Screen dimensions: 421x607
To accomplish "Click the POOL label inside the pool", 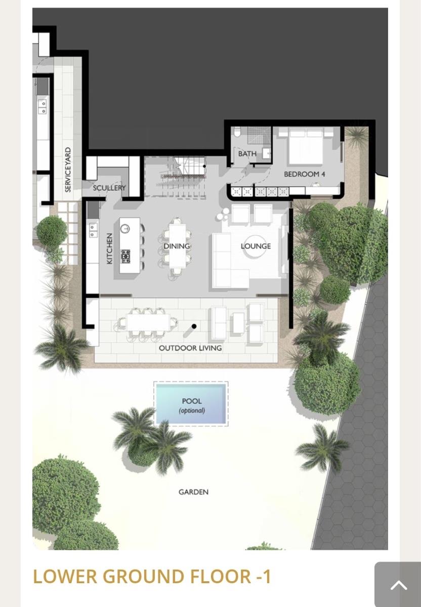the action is (192, 401).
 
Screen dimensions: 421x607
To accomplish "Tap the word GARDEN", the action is (194, 492).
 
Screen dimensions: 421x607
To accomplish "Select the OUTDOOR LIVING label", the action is (190, 348).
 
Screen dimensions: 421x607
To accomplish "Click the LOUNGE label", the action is (256, 246).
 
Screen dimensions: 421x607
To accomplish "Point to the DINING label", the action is (177, 246).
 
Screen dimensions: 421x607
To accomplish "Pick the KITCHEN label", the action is (109, 248).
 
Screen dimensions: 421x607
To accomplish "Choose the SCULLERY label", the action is (109, 188).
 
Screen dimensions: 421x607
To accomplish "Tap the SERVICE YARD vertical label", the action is (68, 170).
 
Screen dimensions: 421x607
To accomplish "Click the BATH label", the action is (247, 154).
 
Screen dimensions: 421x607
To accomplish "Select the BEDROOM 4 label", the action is (305, 174).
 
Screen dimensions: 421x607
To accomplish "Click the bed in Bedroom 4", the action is (306, 146).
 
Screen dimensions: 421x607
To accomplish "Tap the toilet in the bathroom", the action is (237, 132).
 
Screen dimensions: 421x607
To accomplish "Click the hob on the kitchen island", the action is (125, 256).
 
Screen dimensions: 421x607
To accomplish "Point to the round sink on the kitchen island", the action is (125, 229).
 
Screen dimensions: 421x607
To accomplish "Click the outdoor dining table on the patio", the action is (148, 322).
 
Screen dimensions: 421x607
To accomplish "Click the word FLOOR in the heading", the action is (221, 576).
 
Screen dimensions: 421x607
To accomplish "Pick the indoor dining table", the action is (177, 245).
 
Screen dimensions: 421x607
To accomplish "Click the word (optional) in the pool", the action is (192, 411).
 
